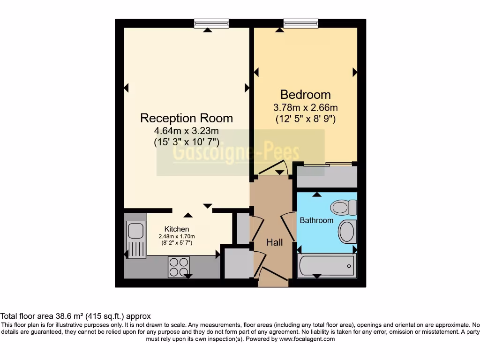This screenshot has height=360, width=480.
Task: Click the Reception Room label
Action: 187,118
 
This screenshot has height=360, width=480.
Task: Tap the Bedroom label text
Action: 305,95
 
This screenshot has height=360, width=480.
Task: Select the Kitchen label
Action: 177,229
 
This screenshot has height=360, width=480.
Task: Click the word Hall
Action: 274,242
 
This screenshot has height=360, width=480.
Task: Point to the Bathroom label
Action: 316,220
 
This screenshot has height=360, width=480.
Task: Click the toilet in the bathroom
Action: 344,207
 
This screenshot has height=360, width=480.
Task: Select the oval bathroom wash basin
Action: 347,232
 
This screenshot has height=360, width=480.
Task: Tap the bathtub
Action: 327,265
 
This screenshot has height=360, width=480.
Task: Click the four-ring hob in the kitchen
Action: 179,267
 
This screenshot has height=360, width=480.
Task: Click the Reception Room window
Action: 211,23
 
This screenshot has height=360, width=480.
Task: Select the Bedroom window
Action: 300,23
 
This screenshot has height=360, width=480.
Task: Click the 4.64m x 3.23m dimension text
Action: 187,131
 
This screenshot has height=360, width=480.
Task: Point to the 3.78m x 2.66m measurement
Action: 305,107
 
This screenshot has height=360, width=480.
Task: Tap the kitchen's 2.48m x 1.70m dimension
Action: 177,236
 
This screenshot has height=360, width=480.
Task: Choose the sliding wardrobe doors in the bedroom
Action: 326,164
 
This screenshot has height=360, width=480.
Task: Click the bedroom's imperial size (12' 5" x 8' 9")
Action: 305,119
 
